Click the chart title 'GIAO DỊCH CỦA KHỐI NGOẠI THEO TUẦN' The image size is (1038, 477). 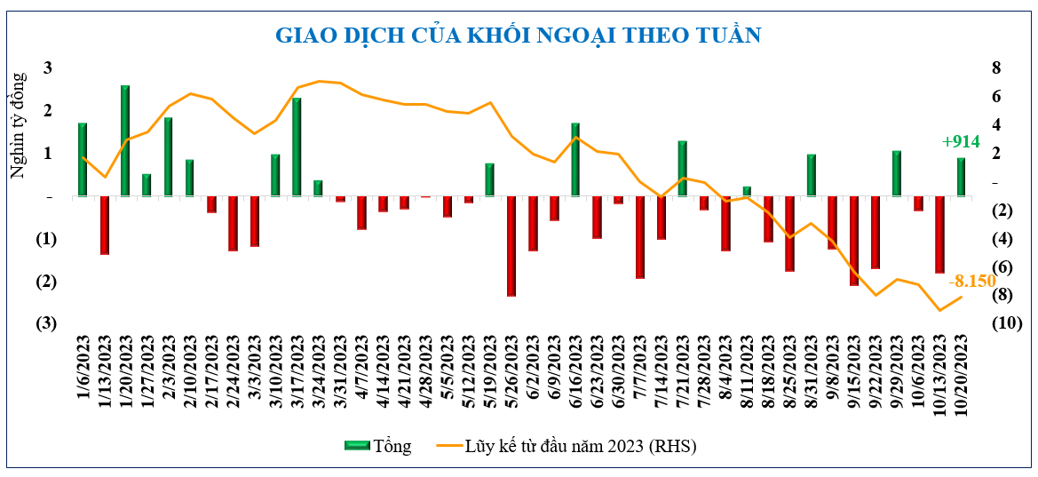pos(518,36)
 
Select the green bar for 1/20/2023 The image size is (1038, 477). pos(125,140)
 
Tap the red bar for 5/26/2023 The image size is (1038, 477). pos(511,246)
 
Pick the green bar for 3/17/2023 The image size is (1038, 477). pos(297,147)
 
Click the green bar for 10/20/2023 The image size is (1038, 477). pos(961,177)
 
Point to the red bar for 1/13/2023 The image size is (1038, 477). pos(104,225)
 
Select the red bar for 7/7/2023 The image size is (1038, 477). pos(640,237)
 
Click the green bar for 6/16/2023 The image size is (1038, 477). pos(575,159)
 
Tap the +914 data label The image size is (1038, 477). pos(961,141)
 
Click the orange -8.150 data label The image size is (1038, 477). pos(971,282)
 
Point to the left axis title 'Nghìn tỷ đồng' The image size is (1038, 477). pos(18,124)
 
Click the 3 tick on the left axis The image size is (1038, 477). pos(47,68)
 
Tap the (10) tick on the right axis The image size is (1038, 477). pos(1005,323)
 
